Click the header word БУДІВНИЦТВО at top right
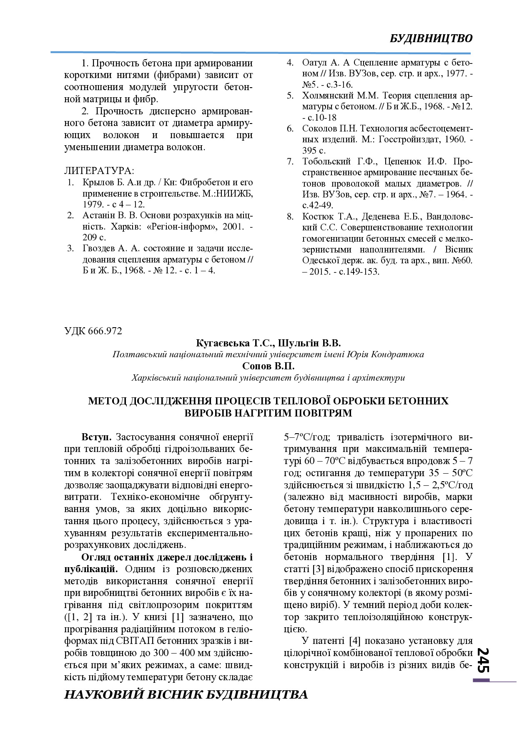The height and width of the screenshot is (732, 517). [431, 38]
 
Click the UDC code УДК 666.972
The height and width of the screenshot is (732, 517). [93, 331]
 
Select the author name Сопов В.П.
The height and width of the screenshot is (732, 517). [269, 366]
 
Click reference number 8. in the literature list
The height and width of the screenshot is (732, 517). [290, 217]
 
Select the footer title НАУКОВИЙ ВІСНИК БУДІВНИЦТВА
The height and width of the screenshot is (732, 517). [186, 694]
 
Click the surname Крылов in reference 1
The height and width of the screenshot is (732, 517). [97, 182]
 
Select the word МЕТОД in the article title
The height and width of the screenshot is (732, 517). [107, 401]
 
